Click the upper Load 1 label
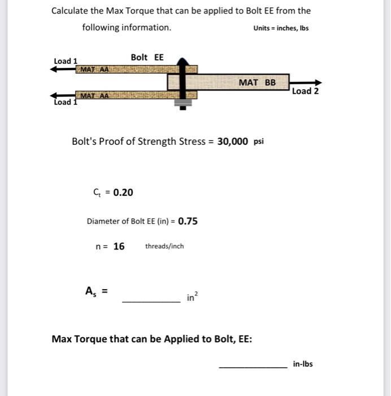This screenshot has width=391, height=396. click(66, 61)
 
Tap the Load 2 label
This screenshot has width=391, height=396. click(305, 91)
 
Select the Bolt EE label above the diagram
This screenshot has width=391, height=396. click(147, 57)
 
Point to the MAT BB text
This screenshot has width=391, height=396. click(257, 83)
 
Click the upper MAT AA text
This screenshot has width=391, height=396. click(94, 70)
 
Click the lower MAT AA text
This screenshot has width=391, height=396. click(94, 96)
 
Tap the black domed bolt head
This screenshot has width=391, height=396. click(182, 61)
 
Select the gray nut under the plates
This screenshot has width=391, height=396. click(182, 104)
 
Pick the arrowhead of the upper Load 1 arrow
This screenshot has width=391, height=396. click(54, 69)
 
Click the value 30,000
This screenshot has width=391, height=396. click(232, 141)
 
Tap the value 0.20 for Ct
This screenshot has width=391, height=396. click(123, 192)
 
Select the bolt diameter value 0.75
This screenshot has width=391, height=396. click(188, 221)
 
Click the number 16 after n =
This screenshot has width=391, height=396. click(119, 246)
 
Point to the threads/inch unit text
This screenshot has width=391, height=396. click(164, 246)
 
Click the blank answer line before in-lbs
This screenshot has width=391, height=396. click(253, 367)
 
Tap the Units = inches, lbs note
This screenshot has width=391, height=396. click(281, 28)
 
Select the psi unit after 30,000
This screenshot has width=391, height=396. click(258, 142)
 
